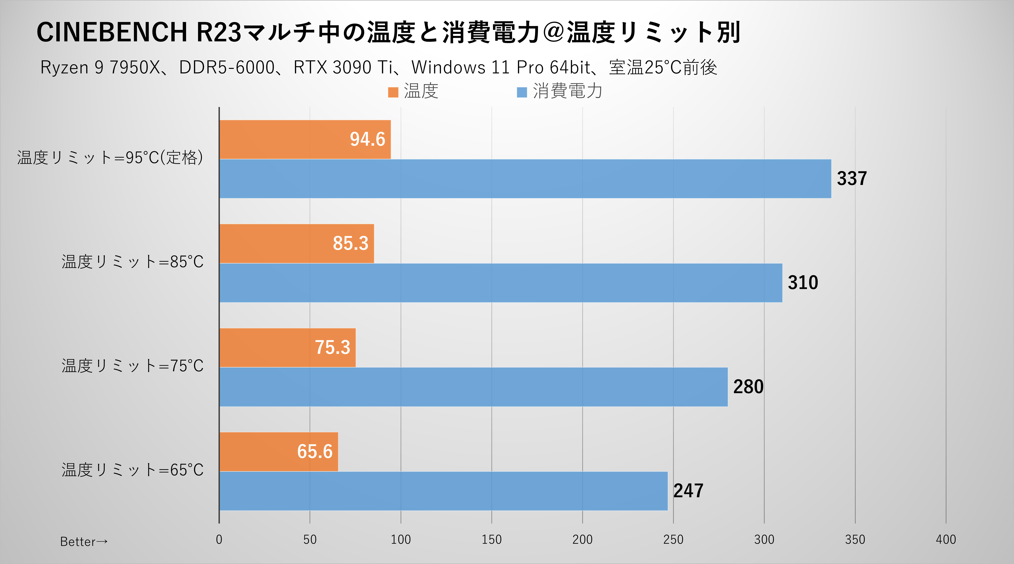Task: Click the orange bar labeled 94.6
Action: [x=305, y=139]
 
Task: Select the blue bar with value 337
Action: [x=525, y=179]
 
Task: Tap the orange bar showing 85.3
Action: [x=296, y=243]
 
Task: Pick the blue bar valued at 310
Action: [x=501, y=283]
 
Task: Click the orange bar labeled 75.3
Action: [x=287, y=347]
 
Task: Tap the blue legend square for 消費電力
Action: [x=522, y=92]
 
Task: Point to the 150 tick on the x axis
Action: [x=492, y=539]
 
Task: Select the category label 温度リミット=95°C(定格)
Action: [x=110, y=158]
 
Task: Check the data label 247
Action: [x=688, y=491]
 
